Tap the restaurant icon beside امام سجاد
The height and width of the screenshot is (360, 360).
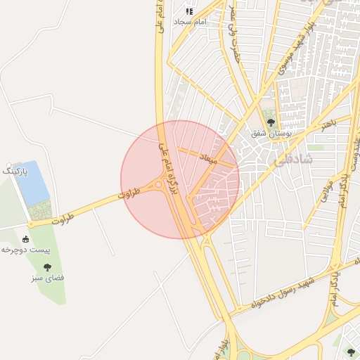click(x=189, y=11)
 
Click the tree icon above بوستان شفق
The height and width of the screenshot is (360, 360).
click(x=271, y=122)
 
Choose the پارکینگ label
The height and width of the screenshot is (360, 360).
click(x=14, y=171)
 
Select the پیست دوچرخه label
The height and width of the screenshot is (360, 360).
click(x=23, y=250)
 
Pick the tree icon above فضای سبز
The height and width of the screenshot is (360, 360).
click(x=47, y=267)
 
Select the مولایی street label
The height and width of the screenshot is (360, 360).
click(x=326, y=191)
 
